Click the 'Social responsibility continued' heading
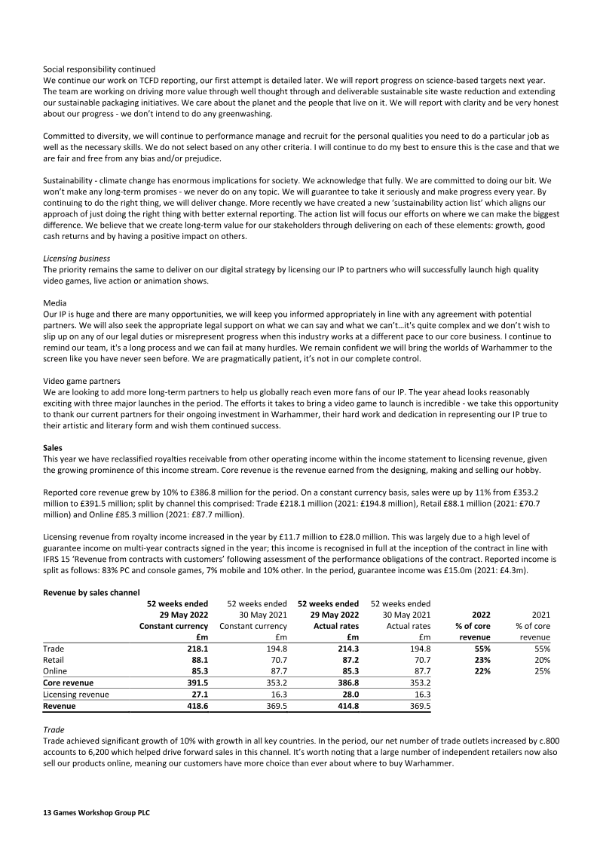click(x=99, y=69)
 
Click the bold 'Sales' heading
click(x=53, y=447)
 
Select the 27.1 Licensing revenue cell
click(x=197, y=694)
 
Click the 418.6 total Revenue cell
click(x=195, y=706)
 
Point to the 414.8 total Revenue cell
click(x=345, y=706)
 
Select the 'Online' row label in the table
click(x=55, y=670)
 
